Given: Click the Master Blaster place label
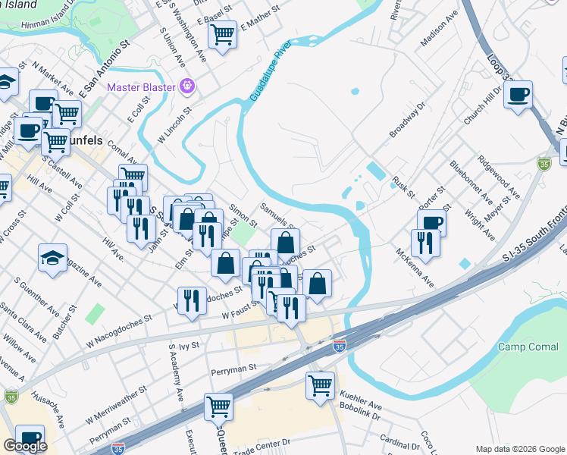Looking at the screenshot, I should point(142,88).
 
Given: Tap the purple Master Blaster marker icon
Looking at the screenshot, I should point(187,87).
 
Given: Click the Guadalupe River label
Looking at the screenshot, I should point(270,72).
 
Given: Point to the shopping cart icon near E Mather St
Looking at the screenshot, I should point(222,34).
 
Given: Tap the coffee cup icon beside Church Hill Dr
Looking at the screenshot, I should point(518,95).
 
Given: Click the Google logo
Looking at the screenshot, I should point(25,446).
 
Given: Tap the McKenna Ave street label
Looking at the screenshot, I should point(414,266).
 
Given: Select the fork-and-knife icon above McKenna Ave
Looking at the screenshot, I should point(422,243).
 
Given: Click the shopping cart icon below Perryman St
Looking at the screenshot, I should point(218,407).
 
